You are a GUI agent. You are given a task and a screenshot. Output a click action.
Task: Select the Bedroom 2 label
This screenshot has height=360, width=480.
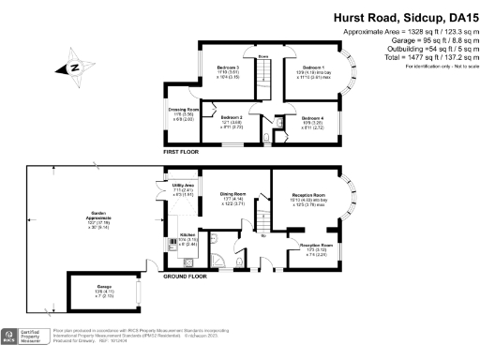tap(232, 119)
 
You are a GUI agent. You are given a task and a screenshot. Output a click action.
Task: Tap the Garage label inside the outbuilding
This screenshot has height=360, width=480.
tap(103, 289)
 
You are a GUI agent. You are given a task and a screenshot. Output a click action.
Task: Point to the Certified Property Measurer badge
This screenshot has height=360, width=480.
tap(25, 335)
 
